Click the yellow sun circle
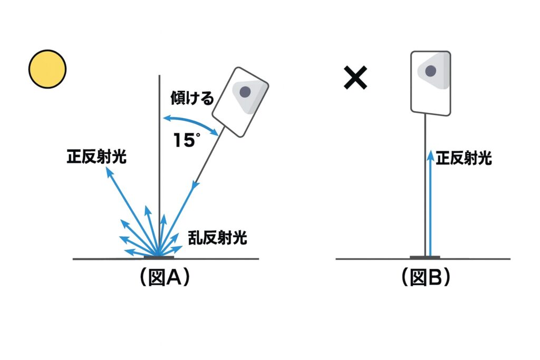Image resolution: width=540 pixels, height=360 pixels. tap(47, 69)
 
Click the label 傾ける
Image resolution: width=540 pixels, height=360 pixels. tap(192, 98)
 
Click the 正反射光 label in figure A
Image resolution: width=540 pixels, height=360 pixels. tap(97, 157)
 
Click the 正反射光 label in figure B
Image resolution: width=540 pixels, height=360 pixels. tap(464, 158)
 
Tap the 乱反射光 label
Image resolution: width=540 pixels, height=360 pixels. tap(217, 238)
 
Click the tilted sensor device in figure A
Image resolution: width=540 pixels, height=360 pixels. tap(240, 102)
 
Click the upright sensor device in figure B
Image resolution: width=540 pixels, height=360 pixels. tap(431, 82)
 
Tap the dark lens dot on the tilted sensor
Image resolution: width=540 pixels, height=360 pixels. tap(245, 92)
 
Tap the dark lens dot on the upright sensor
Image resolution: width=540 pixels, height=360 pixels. tap(431, 71)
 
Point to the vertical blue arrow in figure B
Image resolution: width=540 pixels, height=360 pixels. tap(431, 203)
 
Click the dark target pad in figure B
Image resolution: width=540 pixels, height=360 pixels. tap(425, 257)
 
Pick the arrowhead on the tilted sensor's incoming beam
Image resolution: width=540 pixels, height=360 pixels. tap(195, 185)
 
